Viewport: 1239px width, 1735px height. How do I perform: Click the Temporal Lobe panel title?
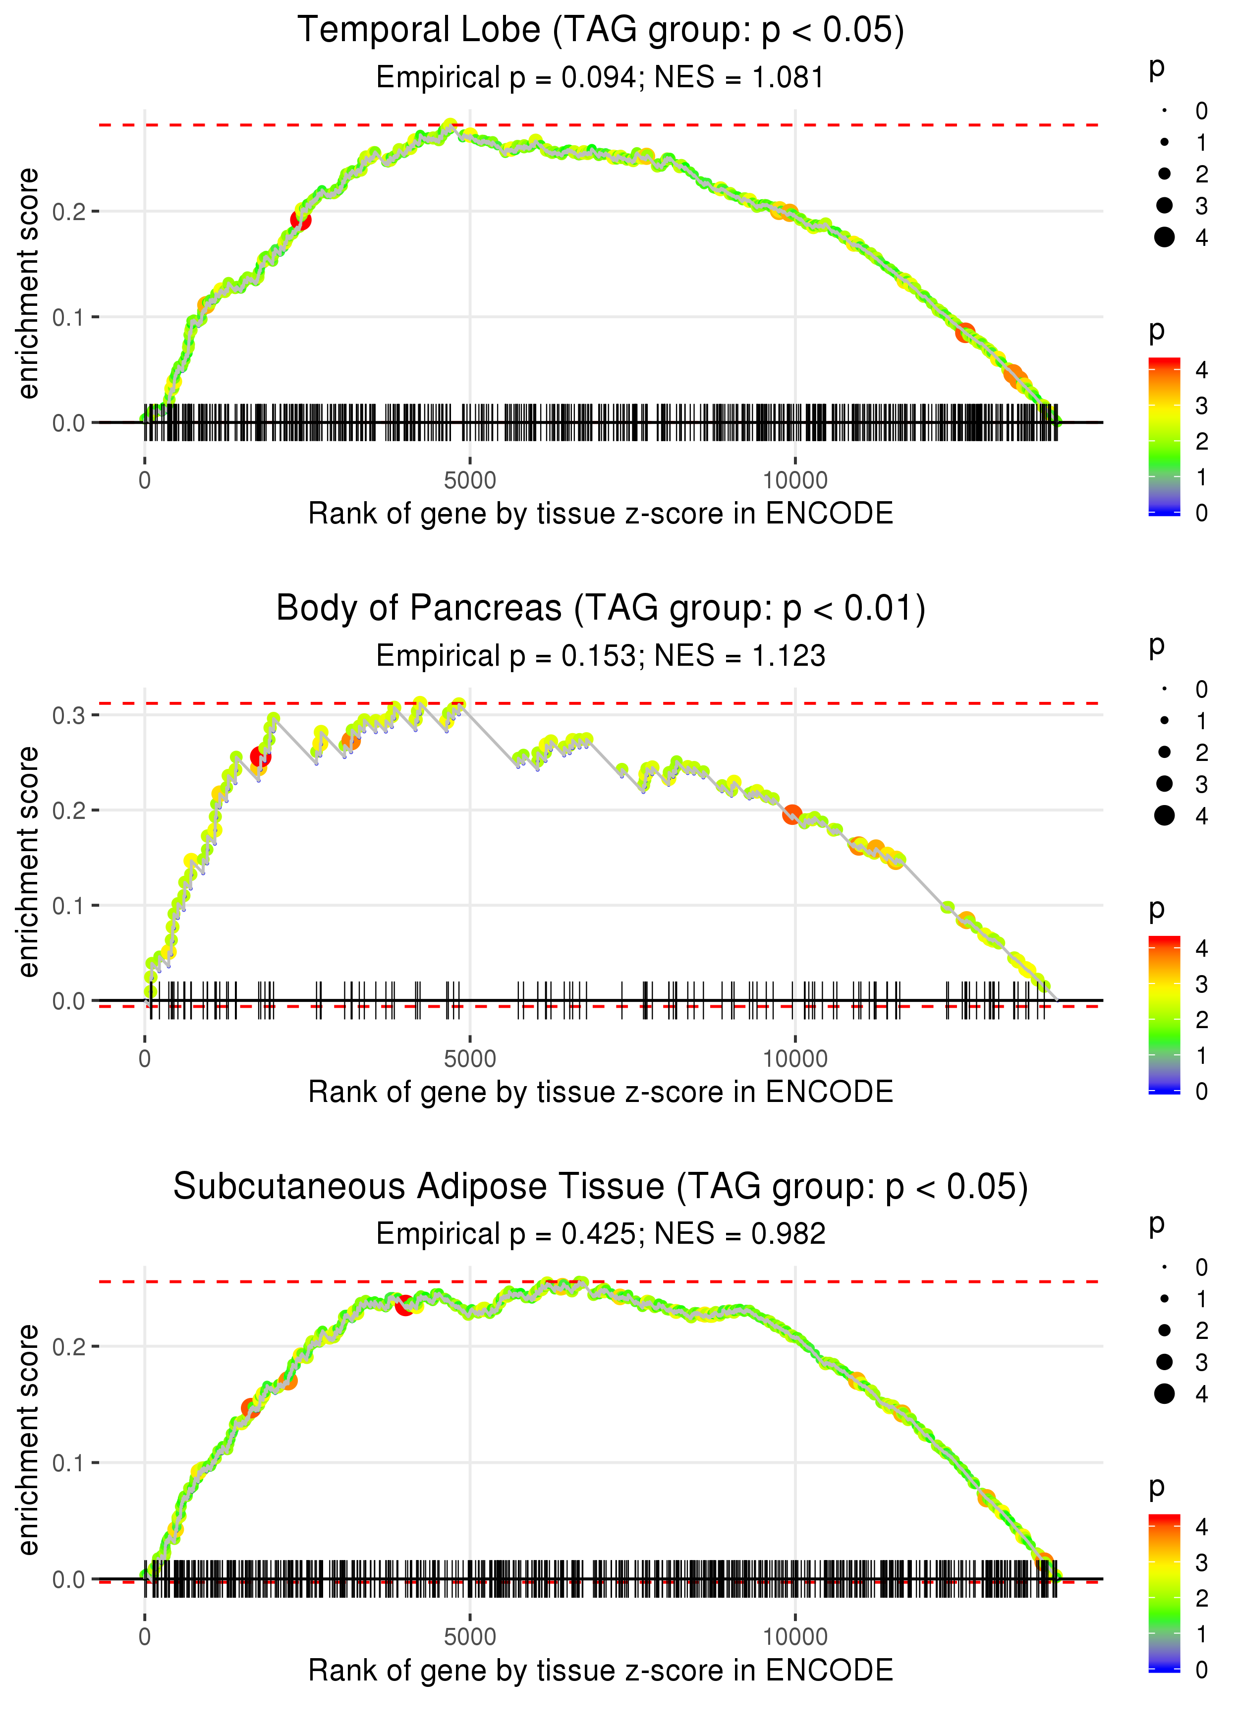click(601, 31)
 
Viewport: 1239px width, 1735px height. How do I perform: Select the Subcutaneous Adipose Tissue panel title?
click(601, 1187)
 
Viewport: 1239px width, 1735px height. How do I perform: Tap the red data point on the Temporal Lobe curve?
click(301, 220)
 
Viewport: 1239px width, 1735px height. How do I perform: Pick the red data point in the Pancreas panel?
click(260, 757)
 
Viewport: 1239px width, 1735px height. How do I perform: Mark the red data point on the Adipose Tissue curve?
click(404, 1305)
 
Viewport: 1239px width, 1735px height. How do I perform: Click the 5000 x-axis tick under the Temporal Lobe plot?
click(469, 481)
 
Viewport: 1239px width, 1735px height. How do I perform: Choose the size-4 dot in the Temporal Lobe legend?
click(1164, 237)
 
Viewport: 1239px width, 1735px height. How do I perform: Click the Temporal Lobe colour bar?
click(1164, 436)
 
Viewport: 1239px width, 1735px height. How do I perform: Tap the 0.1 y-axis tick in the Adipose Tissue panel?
click(69, 1463)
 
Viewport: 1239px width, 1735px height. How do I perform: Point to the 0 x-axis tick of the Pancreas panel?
click(145, 1059)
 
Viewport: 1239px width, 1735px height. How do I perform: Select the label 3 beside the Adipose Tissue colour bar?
click(1202, 1562)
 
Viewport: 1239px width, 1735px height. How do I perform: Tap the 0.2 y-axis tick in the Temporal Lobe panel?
click(69, 211)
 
